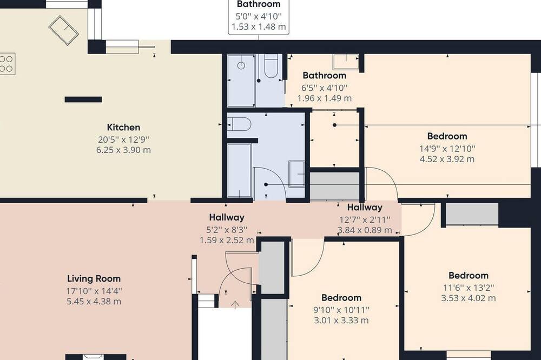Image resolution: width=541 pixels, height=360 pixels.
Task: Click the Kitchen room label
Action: pyautogui.click(x=123, y=127)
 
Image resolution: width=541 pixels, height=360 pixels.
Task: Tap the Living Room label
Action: pyautogui.click(x=94, y=278)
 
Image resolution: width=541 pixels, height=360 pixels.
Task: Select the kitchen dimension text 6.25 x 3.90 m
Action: pyautogui.click(x=123, y=150)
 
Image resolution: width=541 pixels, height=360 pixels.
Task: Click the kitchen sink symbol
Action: pyautogui.click(x=64, y=30)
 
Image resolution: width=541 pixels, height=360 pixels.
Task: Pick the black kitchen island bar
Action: pyautogui.click(x=83, y=99)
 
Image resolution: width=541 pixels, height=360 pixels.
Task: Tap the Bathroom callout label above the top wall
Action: pyautogui.click(x=259, y=4)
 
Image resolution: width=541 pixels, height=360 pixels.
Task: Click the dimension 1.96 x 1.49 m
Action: pyautogui.click(x=324, y=98)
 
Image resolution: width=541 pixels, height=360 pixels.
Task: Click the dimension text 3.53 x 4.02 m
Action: pyautogui.click(x=468, y=298)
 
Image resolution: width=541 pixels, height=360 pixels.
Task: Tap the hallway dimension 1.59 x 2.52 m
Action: pyautogui.click(x=227, y=240)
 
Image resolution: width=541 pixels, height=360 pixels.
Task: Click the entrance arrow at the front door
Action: pyautogui.click(x=235, y=305)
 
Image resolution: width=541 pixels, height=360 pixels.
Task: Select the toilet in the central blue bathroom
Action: pyautogui.click(x=239, y=124)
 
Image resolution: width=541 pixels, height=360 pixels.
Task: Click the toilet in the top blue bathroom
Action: pyautogui.click(x=271, y=66)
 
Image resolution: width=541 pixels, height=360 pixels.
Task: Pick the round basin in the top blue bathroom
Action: pyautogui.click(x=241, y=65)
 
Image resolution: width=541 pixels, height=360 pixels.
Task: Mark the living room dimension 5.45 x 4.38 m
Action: pyautogui.click(x=94, y=302)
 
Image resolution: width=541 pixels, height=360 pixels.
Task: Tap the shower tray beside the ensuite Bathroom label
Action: pyautogui.click(x=346, y=62)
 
